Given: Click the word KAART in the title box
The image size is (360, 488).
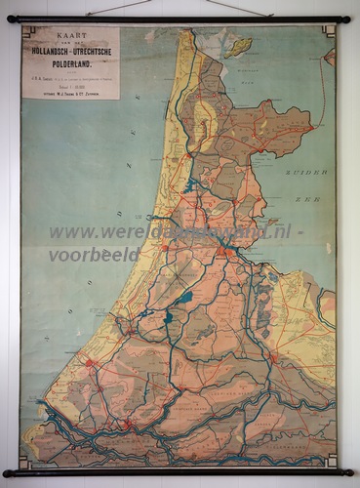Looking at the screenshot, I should tap(70, 35).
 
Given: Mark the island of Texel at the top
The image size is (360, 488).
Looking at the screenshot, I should tap(238, 45).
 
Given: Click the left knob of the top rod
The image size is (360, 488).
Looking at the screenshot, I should tap(9, 19).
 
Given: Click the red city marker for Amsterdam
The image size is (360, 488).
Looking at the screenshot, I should tap(225, 251).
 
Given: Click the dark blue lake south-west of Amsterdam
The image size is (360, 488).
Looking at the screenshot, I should tap(184, 297).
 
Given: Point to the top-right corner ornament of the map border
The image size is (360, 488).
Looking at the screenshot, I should tap(329, 30).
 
